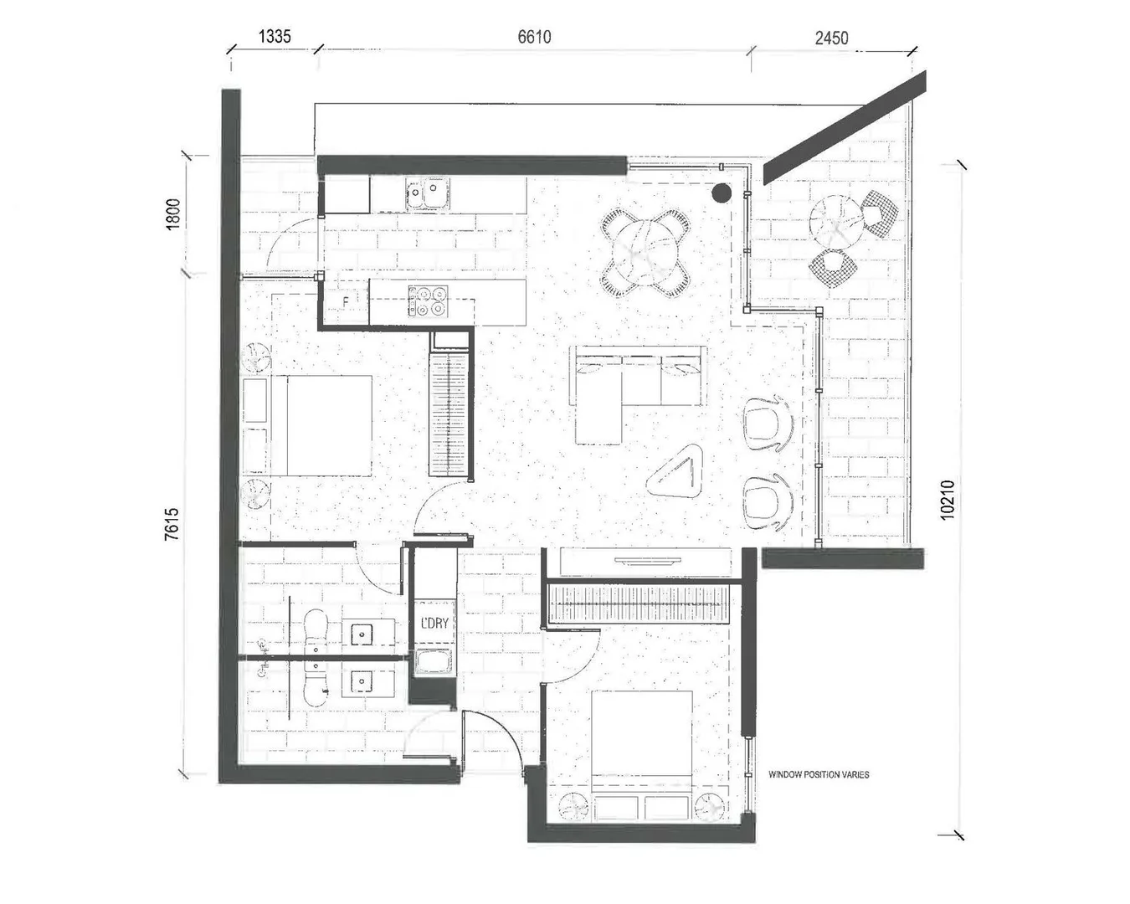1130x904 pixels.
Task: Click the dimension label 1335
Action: coord(275,36)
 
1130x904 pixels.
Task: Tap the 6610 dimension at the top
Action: coord(534,36)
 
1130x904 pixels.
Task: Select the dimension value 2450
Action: coord(830,38)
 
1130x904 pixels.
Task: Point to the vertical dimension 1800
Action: coord(173,214)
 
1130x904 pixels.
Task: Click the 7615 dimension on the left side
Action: coord(172,523)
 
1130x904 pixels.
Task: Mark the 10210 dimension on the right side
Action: coord(947,500)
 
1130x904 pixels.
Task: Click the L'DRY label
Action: coord(434,624)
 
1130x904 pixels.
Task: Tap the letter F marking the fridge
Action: coord(346,300)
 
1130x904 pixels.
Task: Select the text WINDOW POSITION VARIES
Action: coord(818,774)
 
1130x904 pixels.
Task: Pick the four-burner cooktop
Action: coord(428,301)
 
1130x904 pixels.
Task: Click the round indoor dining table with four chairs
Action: coord(645,251)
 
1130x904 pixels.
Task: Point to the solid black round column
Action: coord(720,194)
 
